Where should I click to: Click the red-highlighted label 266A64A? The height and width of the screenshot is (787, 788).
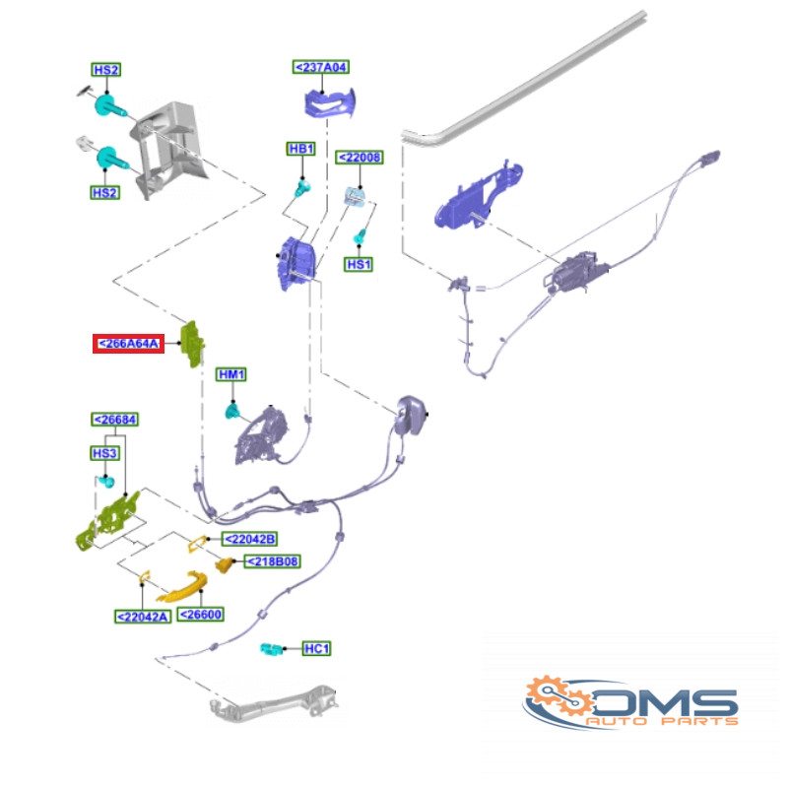(x=128, y=344)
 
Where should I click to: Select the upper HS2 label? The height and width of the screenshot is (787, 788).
(x=106, y=69)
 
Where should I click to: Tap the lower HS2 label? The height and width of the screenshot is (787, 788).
(x=105, y=192)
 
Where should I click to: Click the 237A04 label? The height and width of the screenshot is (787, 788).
(x=321, y=67)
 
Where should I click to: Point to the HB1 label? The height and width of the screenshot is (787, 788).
(x=301, y=149)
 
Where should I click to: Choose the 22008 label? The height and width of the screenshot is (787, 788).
(x=360, y=158)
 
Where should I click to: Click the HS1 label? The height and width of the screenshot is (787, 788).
(x=359, y=264)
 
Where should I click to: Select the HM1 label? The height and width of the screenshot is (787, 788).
(x=231, y=374)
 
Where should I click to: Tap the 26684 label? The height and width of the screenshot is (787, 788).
(x=115, y=420)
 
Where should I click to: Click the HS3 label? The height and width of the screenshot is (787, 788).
(x=104, y=453)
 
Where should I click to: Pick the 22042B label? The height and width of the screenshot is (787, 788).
(x=250, y=539)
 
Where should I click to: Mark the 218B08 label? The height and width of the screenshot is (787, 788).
(x=273, y=561)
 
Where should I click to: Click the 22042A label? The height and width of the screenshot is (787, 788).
(x=143, y=617)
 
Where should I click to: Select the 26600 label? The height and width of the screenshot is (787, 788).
(x=201, y=615)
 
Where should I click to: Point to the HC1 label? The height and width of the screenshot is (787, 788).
(x=316, y=649)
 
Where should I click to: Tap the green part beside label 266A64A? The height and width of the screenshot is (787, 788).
(x=192, y=345)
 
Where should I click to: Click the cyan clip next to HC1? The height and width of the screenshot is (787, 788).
(x=272, y=649)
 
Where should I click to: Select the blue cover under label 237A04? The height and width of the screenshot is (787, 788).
(x=330, y=103)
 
